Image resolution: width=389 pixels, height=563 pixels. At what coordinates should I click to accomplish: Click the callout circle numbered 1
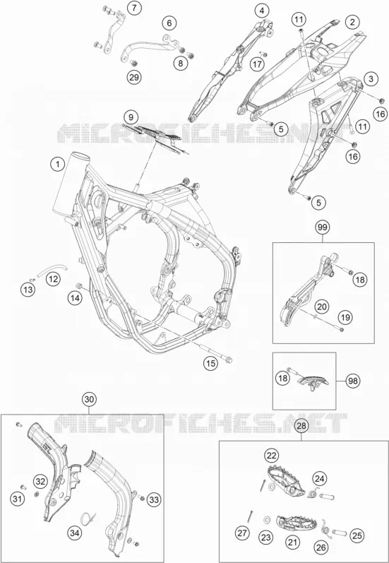(57, 165)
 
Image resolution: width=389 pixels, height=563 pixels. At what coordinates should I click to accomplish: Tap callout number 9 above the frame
(131, 117)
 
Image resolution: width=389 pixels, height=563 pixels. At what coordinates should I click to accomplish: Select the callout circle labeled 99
(323, 227)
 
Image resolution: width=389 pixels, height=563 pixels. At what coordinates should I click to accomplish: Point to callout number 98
(354, 381)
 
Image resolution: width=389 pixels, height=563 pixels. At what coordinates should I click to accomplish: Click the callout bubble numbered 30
(90, 399)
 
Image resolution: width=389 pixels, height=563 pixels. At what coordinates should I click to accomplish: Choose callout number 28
(301, 426)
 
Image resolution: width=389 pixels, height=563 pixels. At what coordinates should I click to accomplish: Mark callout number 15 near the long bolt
(210, 363)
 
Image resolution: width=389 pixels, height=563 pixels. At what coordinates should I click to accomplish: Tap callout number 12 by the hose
(53, 279)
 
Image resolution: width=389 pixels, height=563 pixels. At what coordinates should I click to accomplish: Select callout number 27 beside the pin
(243, 533)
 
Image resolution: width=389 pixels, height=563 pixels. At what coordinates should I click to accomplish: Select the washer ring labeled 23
(267, 519)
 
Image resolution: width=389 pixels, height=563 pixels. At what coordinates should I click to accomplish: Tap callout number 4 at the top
(262, 11)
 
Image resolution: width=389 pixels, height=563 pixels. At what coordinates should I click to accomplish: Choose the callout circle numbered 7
(134, 8)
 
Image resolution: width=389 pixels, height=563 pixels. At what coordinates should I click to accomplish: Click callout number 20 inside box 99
(322, 307)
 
